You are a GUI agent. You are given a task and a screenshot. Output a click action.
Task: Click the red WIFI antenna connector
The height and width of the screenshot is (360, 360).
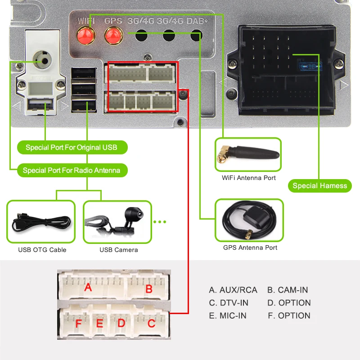pyautogui.click(x=86, y=35)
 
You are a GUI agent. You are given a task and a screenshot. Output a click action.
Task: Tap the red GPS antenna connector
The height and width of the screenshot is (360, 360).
pyautogui.click(x=114, y=36)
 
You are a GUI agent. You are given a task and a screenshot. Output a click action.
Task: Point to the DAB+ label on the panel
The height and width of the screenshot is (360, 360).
pyautogui.click(x=197, y=21)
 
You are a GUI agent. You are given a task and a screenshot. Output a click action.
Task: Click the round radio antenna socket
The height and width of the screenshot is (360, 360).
pyautogui.click(x=42, y=60)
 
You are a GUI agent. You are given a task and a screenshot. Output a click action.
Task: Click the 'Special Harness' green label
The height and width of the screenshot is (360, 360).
pyautogui.click(x=320, y=186)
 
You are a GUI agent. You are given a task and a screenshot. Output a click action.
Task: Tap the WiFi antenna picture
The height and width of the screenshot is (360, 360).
pyautogui.click(x=248, y=154)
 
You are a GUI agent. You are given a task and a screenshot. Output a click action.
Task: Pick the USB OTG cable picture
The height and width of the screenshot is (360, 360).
pyautogui.click(x=41, y=221)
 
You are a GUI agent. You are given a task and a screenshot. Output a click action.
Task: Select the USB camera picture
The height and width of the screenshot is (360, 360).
pyautogui.click(x=117, y=222)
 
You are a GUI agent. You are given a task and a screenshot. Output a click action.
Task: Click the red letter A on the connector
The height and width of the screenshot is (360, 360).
pyautogui.click(x=88, y=287)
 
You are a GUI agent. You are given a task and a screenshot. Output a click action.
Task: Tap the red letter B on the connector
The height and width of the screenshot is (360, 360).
pyautogui.click(x=149, y=288)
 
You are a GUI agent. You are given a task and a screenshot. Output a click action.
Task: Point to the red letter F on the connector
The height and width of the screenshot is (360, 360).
pyautogui.click(x=78, y=324)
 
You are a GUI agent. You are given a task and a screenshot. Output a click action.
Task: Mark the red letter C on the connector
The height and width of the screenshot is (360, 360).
pyautogui.click(x=151, y=324)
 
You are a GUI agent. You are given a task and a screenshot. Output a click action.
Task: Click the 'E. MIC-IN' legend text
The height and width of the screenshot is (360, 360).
pyautogui.click(x=228, y=316)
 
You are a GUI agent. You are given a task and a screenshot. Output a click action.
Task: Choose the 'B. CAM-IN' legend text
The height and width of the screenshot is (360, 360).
pyautogui.click(x=288, y=290)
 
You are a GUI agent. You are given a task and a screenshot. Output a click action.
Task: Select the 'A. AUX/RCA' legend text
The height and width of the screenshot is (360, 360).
pyautogui.click(x=233, y=290)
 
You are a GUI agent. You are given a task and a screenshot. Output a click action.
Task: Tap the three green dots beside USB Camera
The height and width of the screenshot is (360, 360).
pyautogui.click(x=160, y=222)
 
